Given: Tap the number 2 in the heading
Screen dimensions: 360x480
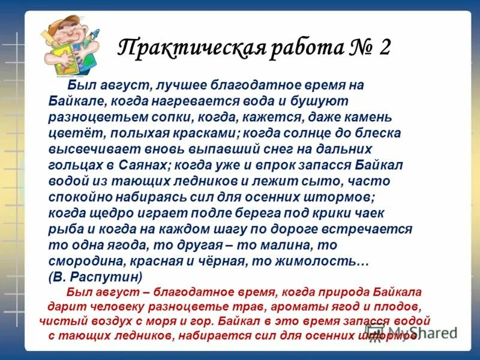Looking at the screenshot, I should tap(384, 47).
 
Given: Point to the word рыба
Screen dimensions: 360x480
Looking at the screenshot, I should tap(62, 229).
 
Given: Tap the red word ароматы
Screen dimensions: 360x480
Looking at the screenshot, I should tap(274, 307).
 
